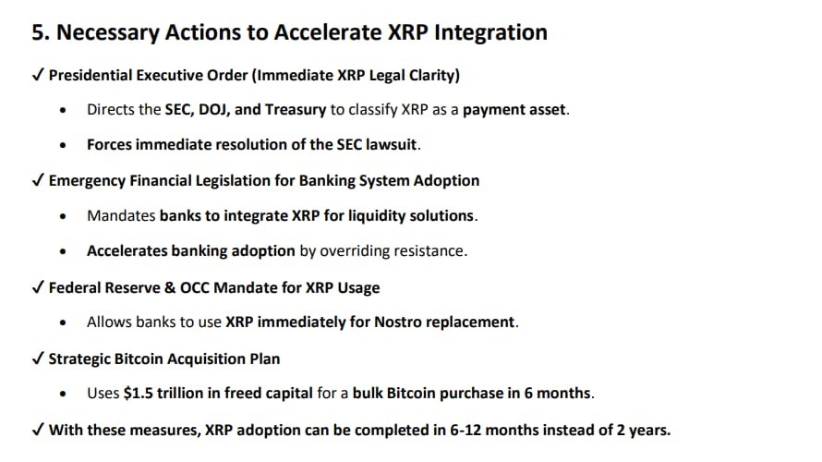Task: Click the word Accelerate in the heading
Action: tap(328, 32)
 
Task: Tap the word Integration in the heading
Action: tap(490, 33)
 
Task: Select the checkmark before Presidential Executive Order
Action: tap(38, 75)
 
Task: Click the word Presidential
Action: tap(91, 75)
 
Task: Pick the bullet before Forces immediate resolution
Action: tap(64, 145)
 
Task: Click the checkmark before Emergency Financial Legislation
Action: tap(38, 180)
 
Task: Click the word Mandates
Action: tap(121, 215)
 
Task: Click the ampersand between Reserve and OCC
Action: tap(170, 288)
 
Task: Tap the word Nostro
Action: tap(397, 322)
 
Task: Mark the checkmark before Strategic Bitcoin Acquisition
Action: tap(38, 359)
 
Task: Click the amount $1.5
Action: tap(139, 393)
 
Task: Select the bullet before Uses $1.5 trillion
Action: tap(64, 394)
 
